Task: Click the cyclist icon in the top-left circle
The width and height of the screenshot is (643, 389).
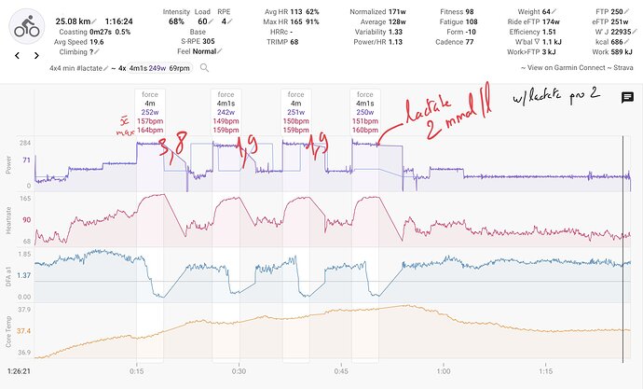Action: pyautogui.click(x=27, y=28)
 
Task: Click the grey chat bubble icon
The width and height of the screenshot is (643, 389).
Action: pyautogui.click(x=627, y=96)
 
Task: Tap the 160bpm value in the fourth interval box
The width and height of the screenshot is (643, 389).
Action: pyautogui.click(x=364, y=130)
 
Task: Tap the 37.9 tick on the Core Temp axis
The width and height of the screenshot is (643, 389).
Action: pyautogui.click(x=25, y=310)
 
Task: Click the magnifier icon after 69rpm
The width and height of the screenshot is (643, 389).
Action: pyautogui.click(x=204, y=69)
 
